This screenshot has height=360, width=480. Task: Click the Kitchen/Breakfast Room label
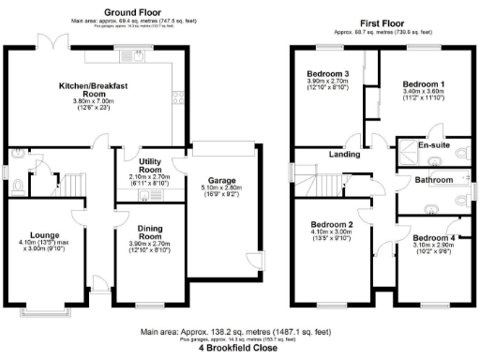click(x=93, y=90)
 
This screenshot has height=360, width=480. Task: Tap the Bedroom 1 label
click(x=422, y=82)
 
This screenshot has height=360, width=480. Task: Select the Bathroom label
click(x=434, y=178)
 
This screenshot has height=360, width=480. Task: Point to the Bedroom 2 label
click(x=331, y=225)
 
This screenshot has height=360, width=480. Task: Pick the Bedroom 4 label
click(x=433, y=238)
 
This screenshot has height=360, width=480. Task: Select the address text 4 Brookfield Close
click(x=239, y=347)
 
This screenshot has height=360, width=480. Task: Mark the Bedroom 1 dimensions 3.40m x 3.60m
click(x=422, y=91)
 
